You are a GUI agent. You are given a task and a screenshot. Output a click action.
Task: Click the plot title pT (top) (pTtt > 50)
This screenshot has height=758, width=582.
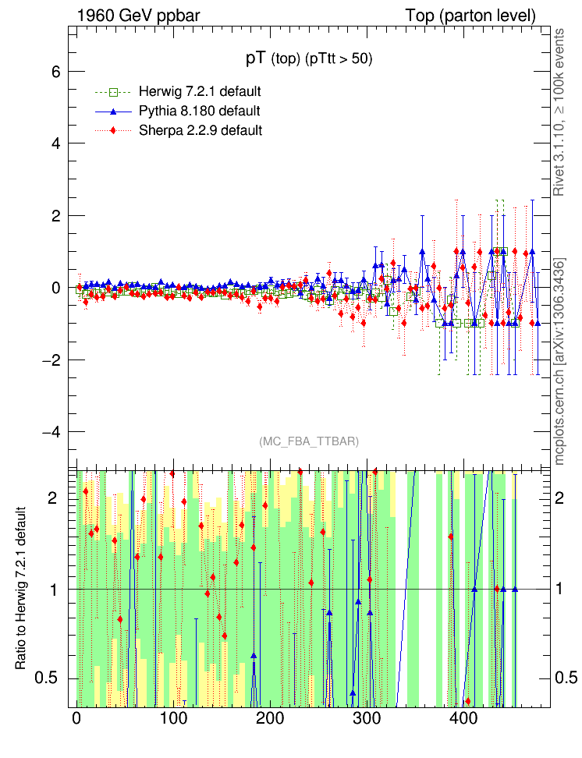point(308,58)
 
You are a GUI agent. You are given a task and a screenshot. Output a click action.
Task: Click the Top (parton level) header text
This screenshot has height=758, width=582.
point(470,16)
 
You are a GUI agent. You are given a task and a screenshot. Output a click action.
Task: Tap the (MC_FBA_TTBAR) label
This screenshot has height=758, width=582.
point(308,441)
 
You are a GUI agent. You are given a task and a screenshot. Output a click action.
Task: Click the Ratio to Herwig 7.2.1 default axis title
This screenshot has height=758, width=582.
point(21,588)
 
